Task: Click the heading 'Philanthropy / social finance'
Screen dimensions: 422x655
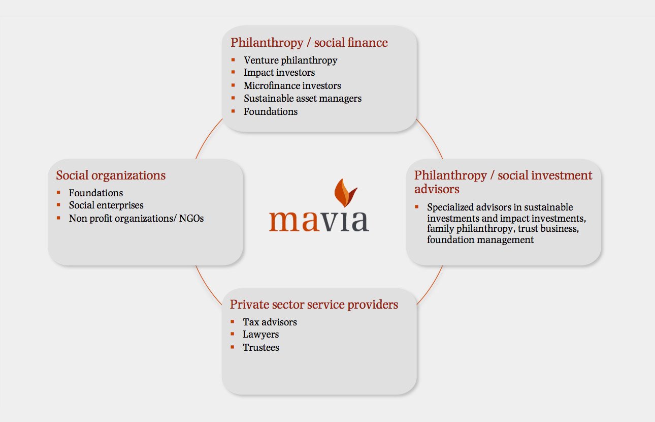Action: pos(309,43)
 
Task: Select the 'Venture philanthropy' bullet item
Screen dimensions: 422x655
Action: pos(290,60)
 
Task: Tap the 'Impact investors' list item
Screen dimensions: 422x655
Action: pos(279,73)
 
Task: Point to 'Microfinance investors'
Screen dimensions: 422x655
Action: pos(292,85)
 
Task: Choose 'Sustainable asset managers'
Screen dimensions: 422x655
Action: pos(303,98)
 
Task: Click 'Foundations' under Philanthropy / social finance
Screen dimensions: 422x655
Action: pos(271,111)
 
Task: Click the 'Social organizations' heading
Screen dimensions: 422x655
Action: pos(111,175)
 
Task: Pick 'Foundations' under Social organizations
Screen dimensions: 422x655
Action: pos(96,193)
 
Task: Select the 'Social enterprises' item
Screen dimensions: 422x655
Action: pos(106,205)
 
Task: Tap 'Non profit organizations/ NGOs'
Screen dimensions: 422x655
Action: pos(136,219)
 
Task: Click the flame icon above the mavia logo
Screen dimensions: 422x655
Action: pos(345,193)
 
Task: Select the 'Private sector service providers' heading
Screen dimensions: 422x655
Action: pos(314,305)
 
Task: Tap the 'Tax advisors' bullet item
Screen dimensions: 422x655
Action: pos(270,322)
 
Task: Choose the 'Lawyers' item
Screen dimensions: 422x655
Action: pos(261,335)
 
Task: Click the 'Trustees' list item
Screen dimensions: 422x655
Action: pos(261,348)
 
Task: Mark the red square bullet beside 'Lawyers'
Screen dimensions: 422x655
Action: pos(232,334)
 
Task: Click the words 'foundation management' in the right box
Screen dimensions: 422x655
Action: pos(480,240)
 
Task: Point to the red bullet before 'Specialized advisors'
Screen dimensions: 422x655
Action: pos(416,207)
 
